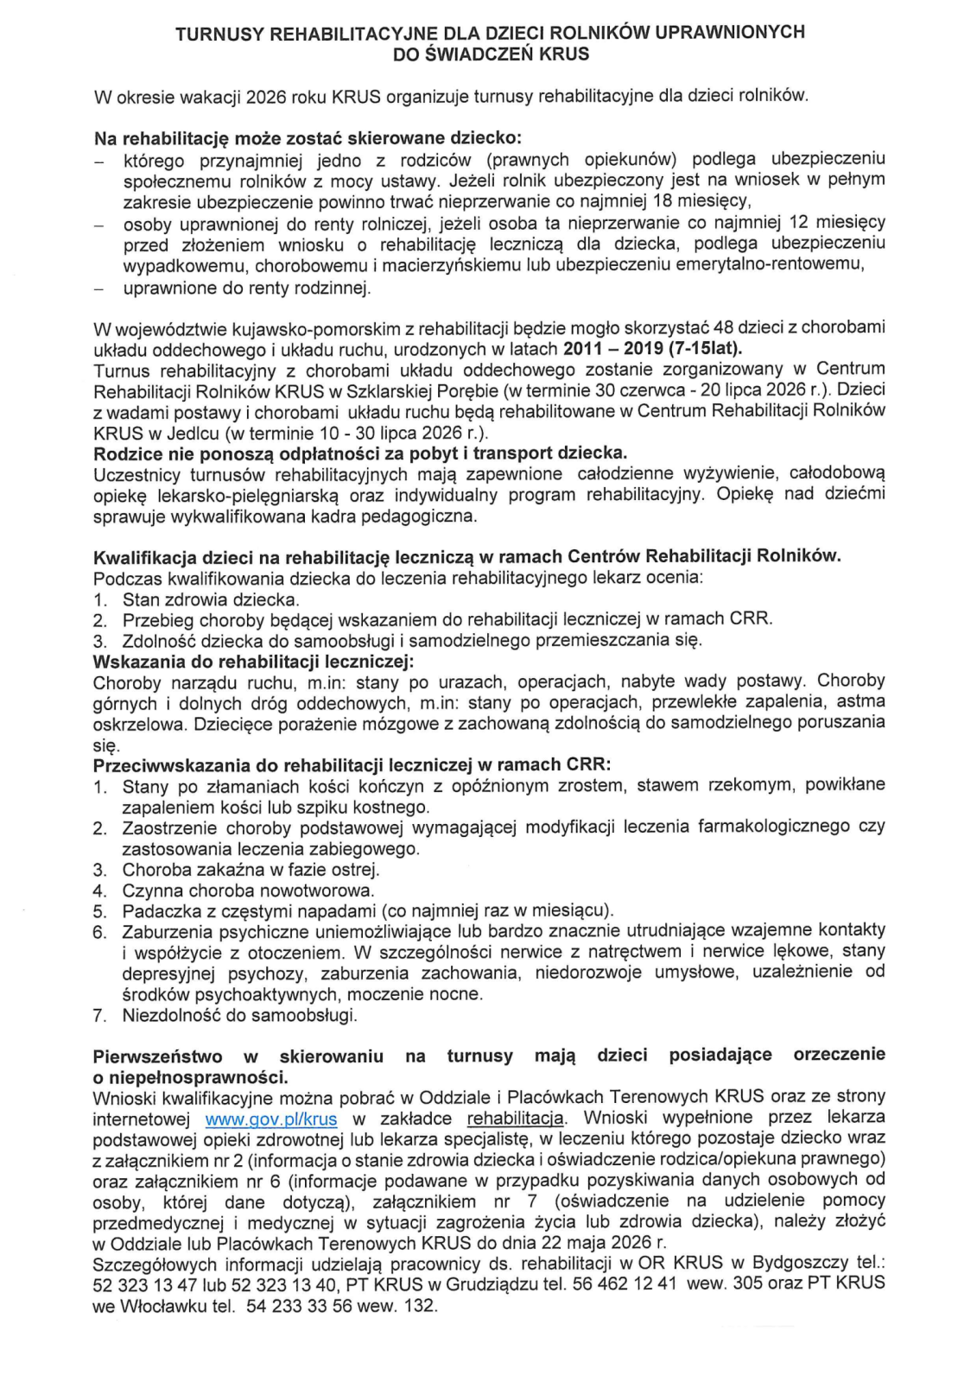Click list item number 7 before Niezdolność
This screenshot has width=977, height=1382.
point(99,1016)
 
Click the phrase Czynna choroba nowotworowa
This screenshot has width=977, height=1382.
point(248,891)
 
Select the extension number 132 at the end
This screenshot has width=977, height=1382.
point(420,1306)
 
